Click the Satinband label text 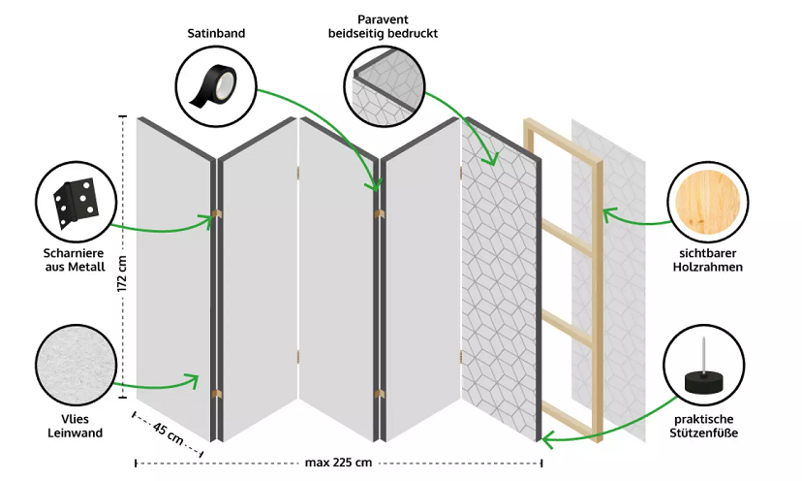216,33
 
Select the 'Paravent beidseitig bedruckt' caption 384,26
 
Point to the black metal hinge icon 76,199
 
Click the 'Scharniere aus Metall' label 75,260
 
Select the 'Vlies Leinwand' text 75,427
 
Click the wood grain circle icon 711,199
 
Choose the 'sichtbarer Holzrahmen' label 711,260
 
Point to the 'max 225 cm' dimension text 338,463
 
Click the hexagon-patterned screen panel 499,281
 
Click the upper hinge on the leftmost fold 217,214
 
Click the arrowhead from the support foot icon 546,441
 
